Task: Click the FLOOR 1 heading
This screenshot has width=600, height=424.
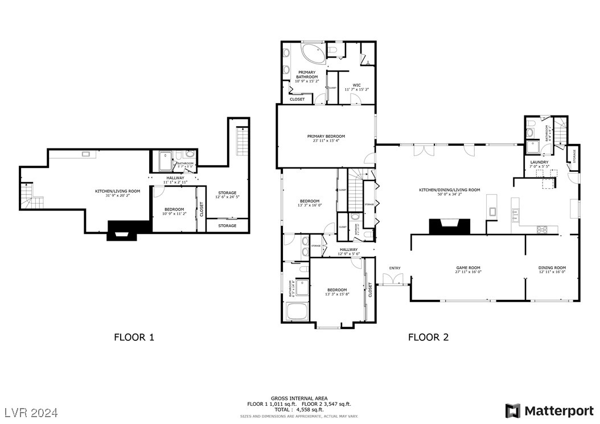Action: (134, 337)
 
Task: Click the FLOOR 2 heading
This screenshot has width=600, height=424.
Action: (428, 337)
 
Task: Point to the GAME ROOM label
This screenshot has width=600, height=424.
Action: (468, 267)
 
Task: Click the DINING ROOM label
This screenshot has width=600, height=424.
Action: (552, 267)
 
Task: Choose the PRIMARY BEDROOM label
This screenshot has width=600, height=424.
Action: (326, 136)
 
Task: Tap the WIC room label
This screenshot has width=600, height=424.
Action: (356, 85)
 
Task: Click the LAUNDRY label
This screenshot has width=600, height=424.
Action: (539, 162)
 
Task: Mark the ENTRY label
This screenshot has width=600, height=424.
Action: (394, 267)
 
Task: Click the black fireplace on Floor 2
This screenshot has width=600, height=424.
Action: (450, 226)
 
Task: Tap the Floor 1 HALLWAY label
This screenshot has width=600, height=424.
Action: (175, 178)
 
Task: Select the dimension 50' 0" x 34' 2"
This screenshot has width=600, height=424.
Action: (450, 195)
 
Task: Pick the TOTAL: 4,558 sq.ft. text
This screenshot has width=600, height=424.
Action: (299, 409)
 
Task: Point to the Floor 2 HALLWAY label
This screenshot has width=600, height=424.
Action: (348, 249)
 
